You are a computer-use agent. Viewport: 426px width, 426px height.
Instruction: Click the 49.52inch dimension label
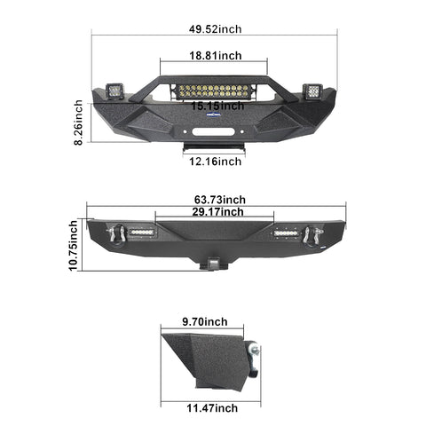(x=215, y=29)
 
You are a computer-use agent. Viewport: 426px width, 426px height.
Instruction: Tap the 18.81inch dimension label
(x=216, y=55)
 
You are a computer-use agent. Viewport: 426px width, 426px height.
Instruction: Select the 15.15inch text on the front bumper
(x=217, y=106)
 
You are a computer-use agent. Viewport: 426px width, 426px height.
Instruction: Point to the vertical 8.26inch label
(x=78, y=122)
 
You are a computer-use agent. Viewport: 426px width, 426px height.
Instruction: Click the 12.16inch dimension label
(x=216, y=162)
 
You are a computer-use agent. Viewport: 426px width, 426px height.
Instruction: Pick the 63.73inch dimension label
(x=220, y=200)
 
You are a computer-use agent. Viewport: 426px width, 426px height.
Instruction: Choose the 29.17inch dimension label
(x=217, y=212)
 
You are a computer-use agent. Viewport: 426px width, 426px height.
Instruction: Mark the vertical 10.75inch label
(x=73, y=245)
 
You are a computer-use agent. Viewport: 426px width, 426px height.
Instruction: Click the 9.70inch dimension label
(x=205, y=321)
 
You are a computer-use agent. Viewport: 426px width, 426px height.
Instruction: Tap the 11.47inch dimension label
(x=212, y=408)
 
